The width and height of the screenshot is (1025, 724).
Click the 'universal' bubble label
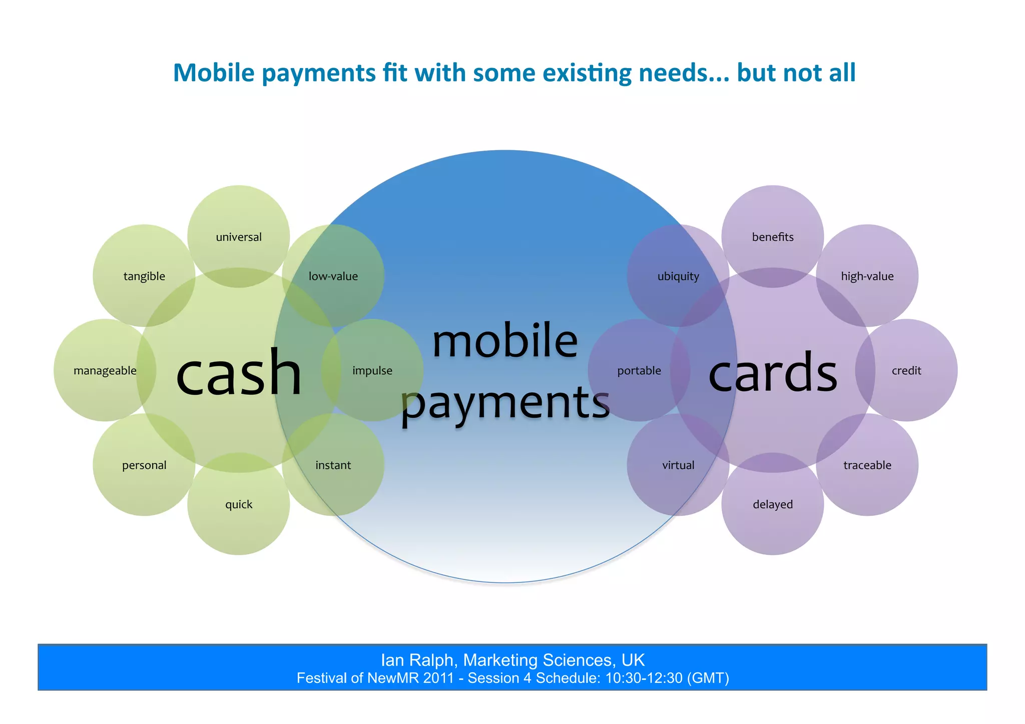[239, 237]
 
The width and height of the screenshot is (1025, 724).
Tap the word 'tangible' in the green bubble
[144, 276]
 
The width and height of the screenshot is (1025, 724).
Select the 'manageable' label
[105, 371]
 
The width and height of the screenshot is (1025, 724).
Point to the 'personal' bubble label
[144, 465]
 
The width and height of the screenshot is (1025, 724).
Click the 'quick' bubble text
[239, 504]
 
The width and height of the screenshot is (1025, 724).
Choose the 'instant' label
[333, 465]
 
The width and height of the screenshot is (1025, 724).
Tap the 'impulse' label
[372, 371]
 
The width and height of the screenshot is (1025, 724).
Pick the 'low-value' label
[333, 276]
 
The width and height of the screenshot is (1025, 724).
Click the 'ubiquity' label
[678, 276]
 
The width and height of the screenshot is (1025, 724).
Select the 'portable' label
[639, 371]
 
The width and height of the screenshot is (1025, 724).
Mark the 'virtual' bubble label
[678, 465]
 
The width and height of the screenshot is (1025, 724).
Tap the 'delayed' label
[773, 504]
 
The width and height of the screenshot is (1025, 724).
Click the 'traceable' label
[867, 465]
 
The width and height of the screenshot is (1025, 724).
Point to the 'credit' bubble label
[906, 371]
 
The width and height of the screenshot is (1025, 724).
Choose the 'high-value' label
[867, 276]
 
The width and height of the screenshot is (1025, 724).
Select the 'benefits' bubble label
[773, 237]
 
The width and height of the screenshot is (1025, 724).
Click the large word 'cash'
[239, 373]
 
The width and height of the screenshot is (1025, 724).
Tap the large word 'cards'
[773, 373]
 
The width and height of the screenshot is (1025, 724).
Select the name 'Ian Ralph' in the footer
[418, 660]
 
